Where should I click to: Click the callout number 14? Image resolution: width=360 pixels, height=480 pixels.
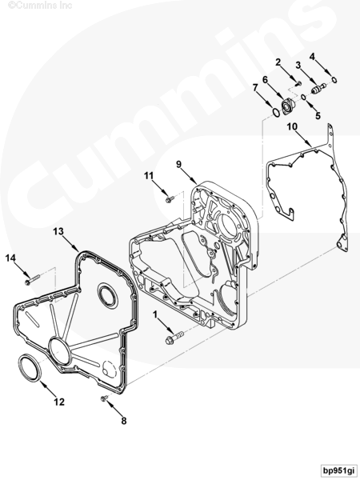pos(10,258)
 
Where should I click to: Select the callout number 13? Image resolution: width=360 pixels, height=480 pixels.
pos(58,231)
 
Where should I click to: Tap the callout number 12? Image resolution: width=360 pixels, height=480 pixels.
pos(59,402)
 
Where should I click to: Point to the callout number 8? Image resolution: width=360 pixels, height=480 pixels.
pos(124,421)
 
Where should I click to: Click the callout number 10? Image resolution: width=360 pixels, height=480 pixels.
pos(292,126)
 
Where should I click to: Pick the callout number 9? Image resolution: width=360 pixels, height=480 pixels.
pos(178,164)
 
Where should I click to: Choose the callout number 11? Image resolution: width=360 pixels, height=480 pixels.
pos(149,176)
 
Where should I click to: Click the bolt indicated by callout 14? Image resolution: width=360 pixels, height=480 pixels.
pos(32,279)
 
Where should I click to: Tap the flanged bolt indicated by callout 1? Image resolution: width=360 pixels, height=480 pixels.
pos(174,337)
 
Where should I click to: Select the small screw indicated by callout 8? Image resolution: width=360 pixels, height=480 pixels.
pos(104,398)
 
